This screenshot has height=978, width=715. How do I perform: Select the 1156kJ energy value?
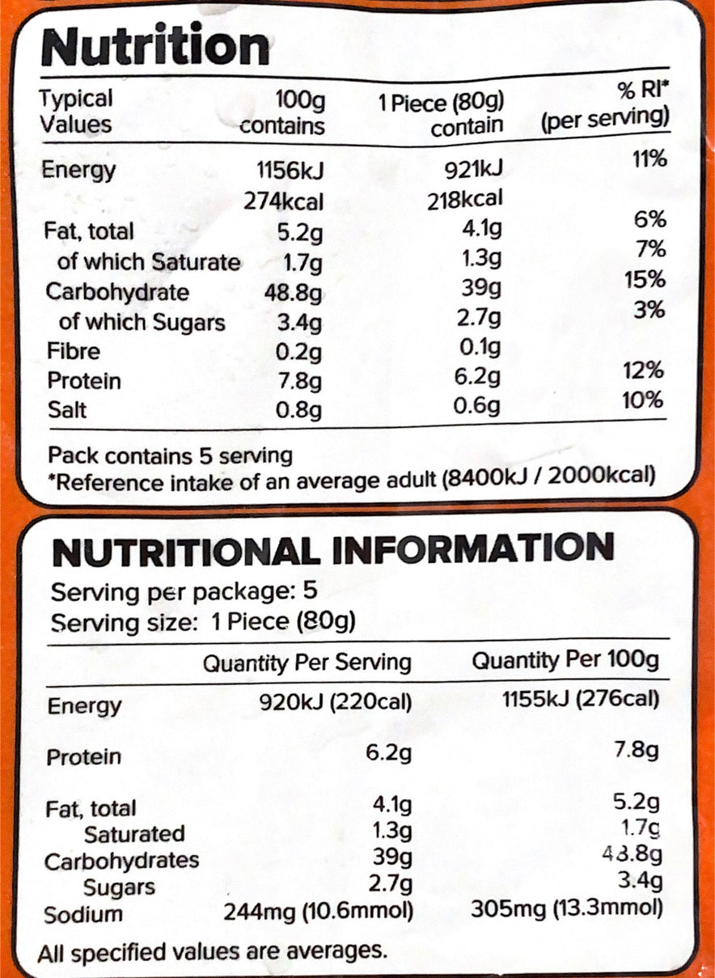pos(290,171)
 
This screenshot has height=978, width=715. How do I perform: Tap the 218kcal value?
pos(465,200)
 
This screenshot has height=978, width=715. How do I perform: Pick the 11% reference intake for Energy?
pos(650,159)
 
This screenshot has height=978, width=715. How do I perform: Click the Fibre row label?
pos(74,351)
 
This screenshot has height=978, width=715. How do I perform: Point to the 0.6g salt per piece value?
pos(476,406)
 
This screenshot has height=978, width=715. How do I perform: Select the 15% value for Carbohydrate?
pos(645,279)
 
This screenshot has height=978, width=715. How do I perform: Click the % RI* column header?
pos(642,91)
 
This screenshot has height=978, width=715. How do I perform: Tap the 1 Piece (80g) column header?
pos(442,104)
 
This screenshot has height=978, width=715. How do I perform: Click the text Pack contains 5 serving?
pos(170,455)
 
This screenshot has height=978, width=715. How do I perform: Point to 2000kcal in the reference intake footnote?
pos(601,476)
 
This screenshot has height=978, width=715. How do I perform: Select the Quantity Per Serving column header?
pos(307,663)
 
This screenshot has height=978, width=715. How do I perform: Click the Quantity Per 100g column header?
pos(565,661)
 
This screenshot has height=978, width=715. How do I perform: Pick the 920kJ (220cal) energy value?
pos(336,702)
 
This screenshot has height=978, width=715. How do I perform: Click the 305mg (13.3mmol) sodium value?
pos(567,910)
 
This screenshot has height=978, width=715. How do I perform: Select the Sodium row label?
pos(83,914)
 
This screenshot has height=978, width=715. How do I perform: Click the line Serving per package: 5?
pos(184,593)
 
